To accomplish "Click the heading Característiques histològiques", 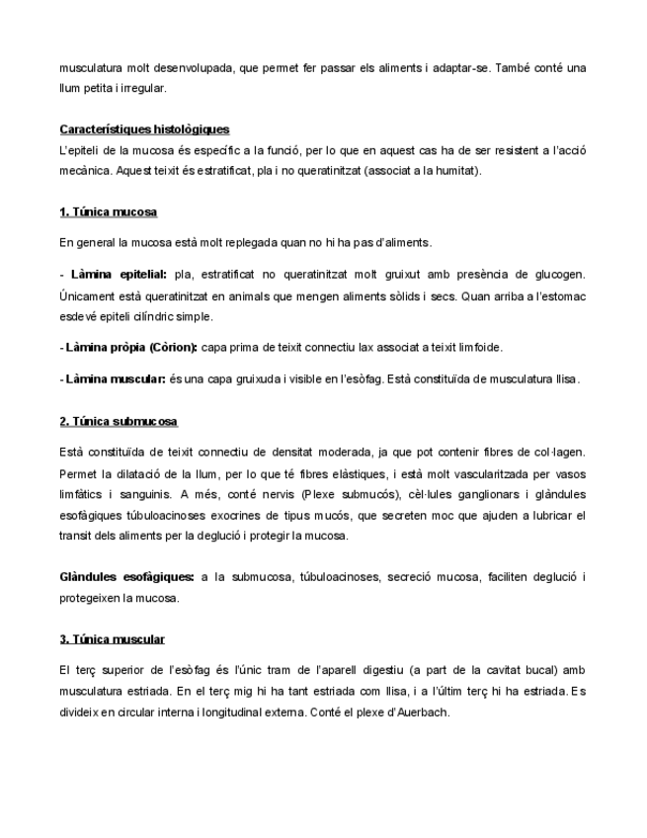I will click(x=144, y=129).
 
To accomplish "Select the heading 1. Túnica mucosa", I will click(x=108, y=212).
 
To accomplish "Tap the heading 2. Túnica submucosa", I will click(x=119, y=422).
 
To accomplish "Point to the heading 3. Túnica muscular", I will click(x=112, y=639).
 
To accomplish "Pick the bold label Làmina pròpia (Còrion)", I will click(x=130, y=347).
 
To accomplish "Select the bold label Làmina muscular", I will click(x=116, y=378).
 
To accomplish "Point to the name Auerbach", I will click(x=423, y=712).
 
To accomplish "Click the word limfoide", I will click(x=480, y=347).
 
